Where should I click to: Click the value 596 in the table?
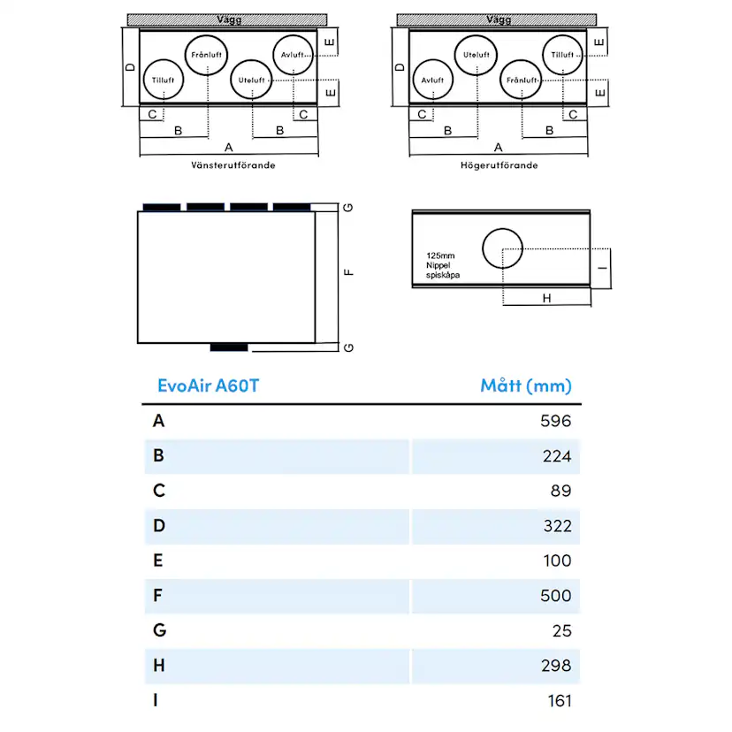point(555,421)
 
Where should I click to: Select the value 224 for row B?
point(555,456)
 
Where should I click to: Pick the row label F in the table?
point(157,596)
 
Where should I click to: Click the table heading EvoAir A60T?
point(208,385)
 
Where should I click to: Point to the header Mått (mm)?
point(526,385)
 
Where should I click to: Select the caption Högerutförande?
point(499,165)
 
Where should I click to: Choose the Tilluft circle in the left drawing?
point(163,80)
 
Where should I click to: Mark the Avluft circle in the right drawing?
point(432,80)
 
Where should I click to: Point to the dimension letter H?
point(546,299)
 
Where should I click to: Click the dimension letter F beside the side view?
point(350,271)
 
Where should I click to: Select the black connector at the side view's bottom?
point(229,346)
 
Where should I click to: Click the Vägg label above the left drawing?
point(228,19)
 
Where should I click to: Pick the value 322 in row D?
point(555,526)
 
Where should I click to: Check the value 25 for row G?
point(561,631)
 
